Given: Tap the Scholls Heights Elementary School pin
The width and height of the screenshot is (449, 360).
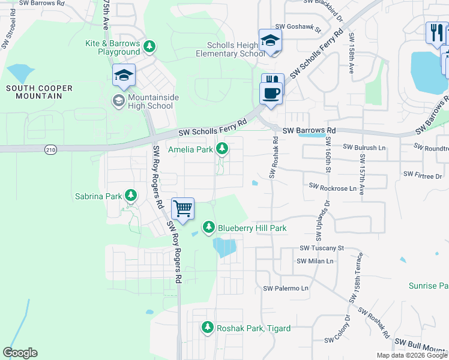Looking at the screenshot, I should [x=271, y=41].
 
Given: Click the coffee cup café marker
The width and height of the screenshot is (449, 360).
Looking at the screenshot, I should [x=271, y=93].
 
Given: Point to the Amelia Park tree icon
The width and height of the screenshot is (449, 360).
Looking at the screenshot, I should [x=222, y=148].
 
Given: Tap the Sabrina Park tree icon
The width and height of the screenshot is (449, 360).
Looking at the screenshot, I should [x=130, y=195].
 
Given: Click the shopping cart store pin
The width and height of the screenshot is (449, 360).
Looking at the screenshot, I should [x=182, y=209].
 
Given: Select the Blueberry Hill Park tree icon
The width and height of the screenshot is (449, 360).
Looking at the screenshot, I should [x=208, y=227].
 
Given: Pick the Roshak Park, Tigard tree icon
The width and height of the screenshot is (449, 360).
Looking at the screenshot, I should [x=207, y=327].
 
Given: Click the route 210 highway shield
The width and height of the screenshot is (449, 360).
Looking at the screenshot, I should [x=50, y=150].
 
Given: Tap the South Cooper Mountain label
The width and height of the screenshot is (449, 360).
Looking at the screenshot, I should [x=39, y=92].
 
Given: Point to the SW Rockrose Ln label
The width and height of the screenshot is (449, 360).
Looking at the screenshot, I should [x=333, y=188].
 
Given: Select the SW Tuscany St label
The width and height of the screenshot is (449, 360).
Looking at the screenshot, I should [x=321, y=248].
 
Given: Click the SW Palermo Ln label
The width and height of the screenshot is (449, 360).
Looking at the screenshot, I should [x=285, y=289].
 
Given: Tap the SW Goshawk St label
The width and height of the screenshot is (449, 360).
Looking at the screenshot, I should [x=298, y=28].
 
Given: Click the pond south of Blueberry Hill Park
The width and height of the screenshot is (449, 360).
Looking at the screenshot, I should [x=224, y=247].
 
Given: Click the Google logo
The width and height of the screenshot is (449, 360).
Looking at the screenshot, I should [x=20, y=353].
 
